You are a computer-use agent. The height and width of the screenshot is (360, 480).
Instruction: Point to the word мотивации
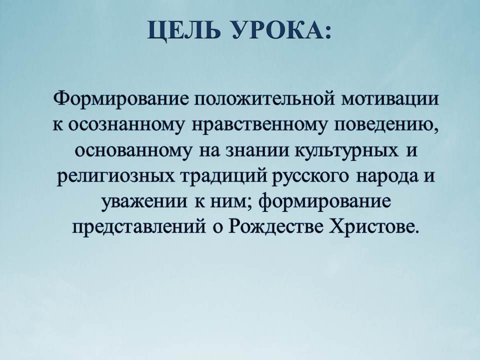(x=389, y=99)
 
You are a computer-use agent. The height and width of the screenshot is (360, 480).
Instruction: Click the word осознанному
(x=127, y=125)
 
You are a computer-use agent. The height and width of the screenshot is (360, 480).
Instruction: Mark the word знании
(x=258, y=150)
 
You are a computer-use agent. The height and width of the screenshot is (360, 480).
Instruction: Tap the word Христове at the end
(x=372, y=227)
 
